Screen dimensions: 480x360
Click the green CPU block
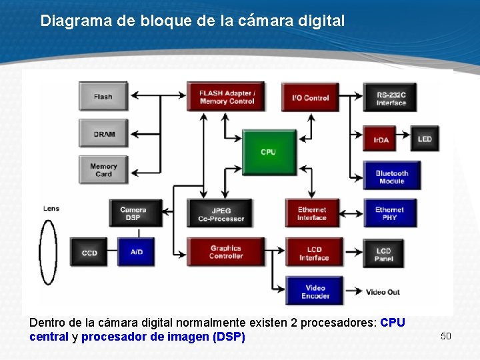268,152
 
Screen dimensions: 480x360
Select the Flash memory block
103,97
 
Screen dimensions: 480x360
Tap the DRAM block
103,134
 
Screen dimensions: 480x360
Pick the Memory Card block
103,170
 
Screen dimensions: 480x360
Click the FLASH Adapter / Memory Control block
226,97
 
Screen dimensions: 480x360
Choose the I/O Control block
310,97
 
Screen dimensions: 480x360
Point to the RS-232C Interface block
391,98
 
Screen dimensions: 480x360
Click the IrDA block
382,139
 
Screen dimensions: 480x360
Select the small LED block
425,139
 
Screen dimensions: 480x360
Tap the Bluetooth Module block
391,177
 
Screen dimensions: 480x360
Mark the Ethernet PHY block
390,213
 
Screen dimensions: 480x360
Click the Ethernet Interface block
312,213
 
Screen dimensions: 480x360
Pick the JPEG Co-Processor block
221,213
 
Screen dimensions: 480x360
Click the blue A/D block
137,252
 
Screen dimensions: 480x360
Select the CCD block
89,253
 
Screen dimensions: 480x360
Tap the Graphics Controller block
225,252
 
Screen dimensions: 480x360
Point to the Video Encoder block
315,292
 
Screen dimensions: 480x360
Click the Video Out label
383,292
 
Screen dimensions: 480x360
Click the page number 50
446,335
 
